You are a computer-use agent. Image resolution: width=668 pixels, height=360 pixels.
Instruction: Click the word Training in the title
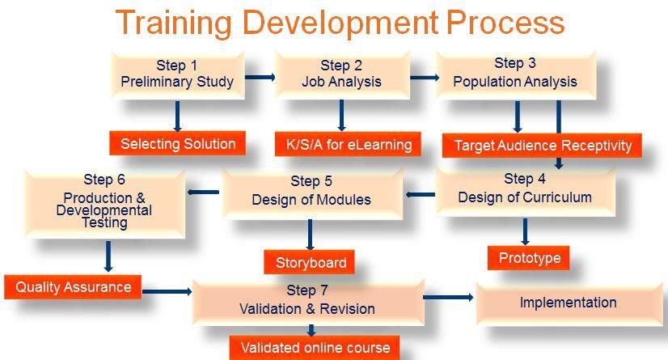[174, 23]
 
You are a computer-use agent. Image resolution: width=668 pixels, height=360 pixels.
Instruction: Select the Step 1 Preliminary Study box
[178, 75]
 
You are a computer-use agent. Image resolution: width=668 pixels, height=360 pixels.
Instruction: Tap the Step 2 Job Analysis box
[341, 75]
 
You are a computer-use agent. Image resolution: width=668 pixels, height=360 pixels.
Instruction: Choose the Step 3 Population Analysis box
[516, 75]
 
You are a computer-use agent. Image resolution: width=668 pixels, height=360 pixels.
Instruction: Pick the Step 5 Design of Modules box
[312, 194]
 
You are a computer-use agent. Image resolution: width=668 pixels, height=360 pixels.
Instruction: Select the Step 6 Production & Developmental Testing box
[105, 204]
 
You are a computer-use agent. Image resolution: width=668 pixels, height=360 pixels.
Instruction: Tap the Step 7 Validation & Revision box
[308, 302]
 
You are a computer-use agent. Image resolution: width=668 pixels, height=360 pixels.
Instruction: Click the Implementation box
[569, 303]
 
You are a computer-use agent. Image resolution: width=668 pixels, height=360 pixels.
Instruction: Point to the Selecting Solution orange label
[178, 143]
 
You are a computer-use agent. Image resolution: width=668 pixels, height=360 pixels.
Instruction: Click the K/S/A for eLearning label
[348, 145]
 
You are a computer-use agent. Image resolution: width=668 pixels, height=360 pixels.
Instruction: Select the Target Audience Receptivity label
[542, 146]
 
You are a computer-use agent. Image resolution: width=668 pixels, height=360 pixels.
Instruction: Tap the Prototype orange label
[529, 258]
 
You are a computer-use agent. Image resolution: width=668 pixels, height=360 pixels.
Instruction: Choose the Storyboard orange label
[309, 262]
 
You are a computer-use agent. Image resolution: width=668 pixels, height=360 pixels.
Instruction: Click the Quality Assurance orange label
[73, 286]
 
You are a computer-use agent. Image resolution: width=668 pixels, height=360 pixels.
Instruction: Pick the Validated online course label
[315, 348]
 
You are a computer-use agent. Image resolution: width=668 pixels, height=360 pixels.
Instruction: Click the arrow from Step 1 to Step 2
[260, 77]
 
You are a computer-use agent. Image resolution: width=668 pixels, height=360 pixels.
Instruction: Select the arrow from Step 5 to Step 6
[203, 193]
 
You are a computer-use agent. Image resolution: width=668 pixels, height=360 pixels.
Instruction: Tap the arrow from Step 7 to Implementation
[448, 297]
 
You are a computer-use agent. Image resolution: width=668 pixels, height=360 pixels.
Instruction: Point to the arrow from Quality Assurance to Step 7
[167, 291]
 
